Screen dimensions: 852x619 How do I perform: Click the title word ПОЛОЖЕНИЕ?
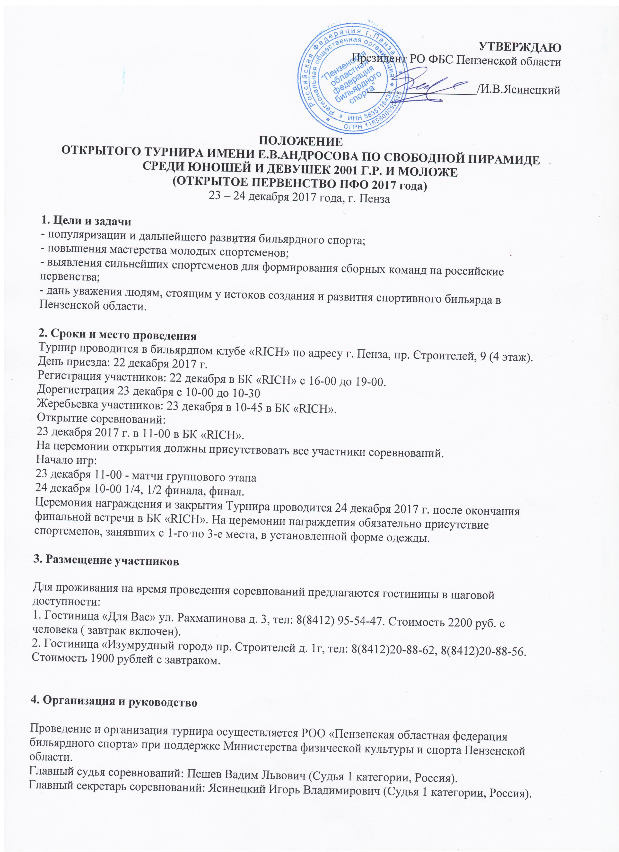point(301,142)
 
